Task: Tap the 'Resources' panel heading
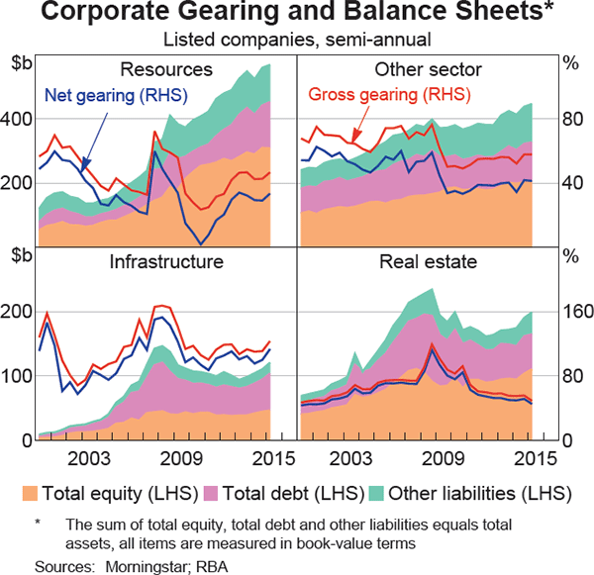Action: tap(165, 70)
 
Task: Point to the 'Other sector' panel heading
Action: tap(428, 70)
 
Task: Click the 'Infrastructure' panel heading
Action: tap(165, 262)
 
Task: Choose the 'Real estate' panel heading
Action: tap(428, 262)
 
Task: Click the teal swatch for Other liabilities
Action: tap(376, 493)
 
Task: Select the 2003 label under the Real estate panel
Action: tap(348, 459)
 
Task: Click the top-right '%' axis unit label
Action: tap(570, 64)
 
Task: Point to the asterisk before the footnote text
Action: tap(39, 522)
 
